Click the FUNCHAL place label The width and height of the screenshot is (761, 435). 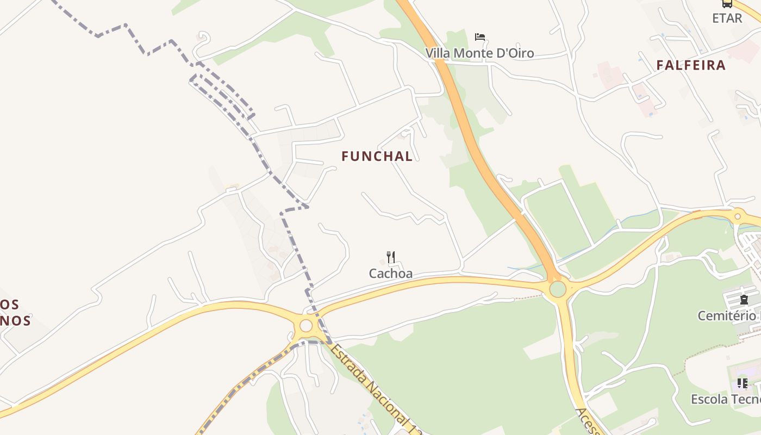pyautogui.click(x=377, y=156)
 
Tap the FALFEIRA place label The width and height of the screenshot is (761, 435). pyautogui.click(x=691, y=65)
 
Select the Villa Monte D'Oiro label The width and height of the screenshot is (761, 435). pyautogui.click(x=479, y=53)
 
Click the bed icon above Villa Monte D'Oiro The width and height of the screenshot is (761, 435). pyautogui.click(x=479, y=37)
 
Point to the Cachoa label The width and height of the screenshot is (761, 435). pyautogui.click(x=390, y=274)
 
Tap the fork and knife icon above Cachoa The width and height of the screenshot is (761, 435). pyautogui.click(x=390, y=257)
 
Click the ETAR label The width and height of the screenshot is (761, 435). pyautogui.click(x=727, y=18)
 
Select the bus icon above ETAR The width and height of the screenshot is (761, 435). pyautogui.click(x=727, y=3)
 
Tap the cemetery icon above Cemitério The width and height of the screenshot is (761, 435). pyautogui.click(x=744, y=300)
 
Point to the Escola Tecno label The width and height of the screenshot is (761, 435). pyautogui.click(x=726, y=400)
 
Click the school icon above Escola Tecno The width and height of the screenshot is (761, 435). pyautogui.click(x=743, y=383)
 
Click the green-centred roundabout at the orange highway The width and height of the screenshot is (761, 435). pyautogui.click(x=558, y=289)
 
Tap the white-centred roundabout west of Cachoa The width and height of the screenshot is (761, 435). pyautogui.click(x=306, y=326)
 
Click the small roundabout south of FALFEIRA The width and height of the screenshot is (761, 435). pyautogui.click(x=738, y=216)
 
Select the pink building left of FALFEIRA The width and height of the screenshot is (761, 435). pyautogui.click(x=608, y=74)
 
